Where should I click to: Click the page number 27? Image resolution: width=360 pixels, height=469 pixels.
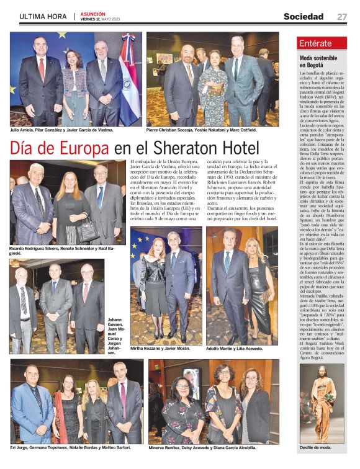pos(342,17)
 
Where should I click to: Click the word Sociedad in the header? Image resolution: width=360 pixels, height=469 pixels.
pos(304,17)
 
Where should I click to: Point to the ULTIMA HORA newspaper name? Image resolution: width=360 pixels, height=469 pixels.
pos(43,17)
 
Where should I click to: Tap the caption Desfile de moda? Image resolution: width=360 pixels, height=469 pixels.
pos(315,447)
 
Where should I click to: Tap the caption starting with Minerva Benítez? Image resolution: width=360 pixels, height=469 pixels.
pos(202,447)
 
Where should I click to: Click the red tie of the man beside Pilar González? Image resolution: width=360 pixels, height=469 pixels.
pos(42,68)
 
